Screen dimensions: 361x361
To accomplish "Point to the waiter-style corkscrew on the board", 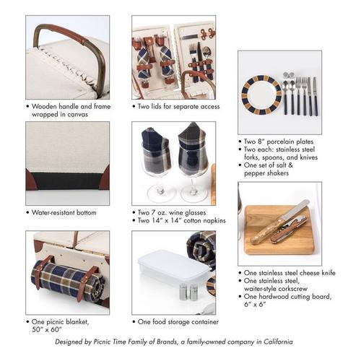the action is [290, 230].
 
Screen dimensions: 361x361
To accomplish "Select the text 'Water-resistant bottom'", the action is [64, 212].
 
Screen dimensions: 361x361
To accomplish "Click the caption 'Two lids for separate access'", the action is [178, 106].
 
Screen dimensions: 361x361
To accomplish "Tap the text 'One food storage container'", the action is [178, 322].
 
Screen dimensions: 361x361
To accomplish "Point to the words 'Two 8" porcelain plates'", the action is [279, 142].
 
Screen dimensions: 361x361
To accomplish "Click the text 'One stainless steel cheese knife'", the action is [290, 273].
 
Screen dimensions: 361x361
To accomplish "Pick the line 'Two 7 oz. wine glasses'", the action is [172, 212].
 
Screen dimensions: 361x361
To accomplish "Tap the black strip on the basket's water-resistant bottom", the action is [68, 181].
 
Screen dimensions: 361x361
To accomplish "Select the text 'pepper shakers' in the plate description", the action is [266, 173].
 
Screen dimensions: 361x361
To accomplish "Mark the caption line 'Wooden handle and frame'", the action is [71, 106].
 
